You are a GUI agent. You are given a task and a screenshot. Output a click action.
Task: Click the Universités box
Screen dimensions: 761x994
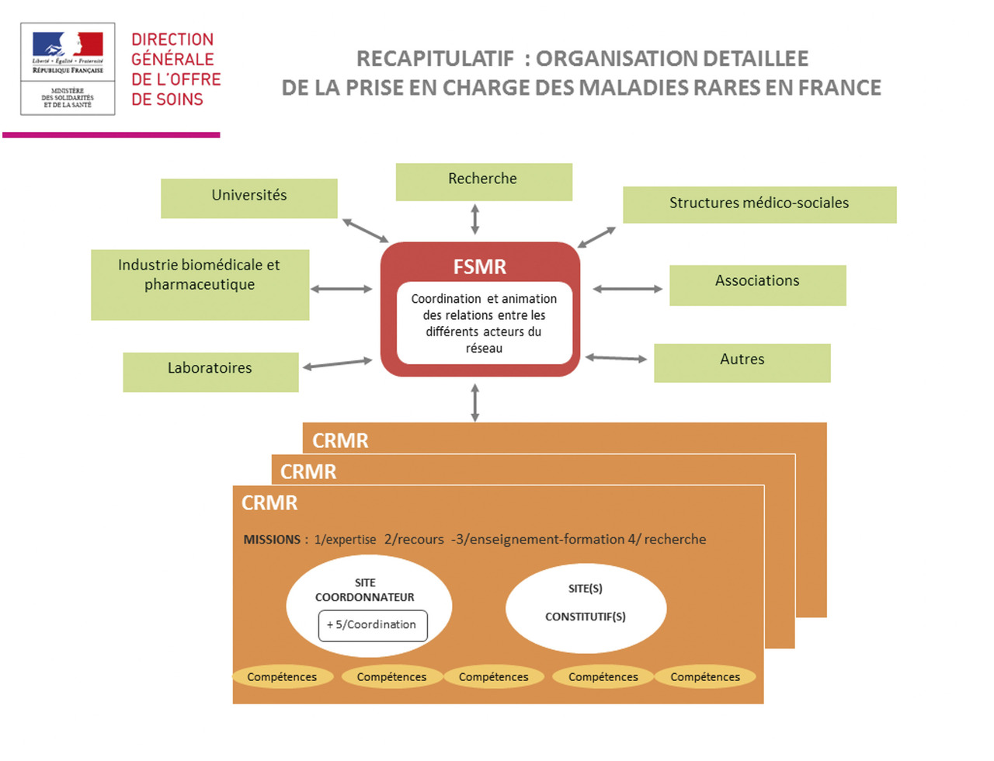point(248,198)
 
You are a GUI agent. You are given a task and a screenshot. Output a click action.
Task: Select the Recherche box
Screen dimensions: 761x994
point(484,182)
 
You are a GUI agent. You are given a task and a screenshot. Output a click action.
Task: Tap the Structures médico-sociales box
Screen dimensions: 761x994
point(759,204)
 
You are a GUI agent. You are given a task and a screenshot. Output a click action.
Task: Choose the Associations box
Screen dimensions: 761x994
point(757,284)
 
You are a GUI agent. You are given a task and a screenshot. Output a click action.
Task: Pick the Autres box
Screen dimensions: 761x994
point(742,363)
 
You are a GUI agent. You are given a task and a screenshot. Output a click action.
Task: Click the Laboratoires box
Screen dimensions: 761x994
point(210,371)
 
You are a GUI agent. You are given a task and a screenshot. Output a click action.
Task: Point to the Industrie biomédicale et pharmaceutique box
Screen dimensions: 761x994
point(200,284)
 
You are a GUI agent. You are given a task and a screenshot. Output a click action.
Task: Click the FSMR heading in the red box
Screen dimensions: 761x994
point(480,267)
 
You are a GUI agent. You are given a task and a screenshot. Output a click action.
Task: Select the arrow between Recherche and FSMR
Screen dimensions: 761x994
point(475,219)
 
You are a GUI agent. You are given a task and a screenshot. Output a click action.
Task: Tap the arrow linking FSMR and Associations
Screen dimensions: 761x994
point(627,289)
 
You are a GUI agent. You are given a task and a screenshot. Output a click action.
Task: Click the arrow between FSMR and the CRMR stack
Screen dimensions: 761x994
point(475,403)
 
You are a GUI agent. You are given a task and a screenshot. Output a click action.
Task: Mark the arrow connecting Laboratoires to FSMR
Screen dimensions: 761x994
point(338,363)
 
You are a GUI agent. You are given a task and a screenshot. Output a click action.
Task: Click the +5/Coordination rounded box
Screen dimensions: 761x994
point(373,625)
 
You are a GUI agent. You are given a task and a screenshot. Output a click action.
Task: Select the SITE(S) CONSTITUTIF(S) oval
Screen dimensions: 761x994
point(586,607)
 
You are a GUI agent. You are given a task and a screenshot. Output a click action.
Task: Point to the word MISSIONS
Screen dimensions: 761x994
point(272,540)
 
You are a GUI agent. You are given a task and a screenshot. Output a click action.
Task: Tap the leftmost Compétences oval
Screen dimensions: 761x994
point(282,677)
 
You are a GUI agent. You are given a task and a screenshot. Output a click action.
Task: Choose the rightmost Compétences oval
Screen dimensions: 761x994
point(705,677)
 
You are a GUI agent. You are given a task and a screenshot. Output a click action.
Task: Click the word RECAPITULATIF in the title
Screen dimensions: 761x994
point(435,59)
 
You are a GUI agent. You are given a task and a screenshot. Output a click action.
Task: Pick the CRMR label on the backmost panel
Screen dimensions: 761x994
point(340,441)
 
